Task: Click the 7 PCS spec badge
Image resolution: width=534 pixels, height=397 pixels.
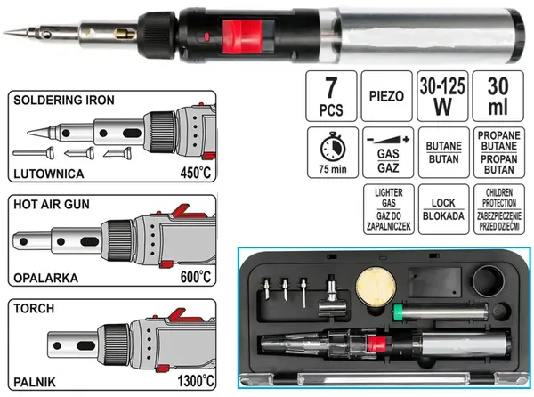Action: pyautogui.click(x=331, y=96)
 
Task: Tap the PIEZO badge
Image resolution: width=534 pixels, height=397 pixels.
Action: pyautogui.click(x=386, y=96)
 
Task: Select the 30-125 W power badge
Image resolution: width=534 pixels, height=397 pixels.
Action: pyautogui.click(x=442, y=96)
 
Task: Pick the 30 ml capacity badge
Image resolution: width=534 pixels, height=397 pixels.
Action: pyautogui.click(x=498, y=96)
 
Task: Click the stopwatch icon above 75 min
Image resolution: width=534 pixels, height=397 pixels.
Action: pyautogui.click(x=333, y=147)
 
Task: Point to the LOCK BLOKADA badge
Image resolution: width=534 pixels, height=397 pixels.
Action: pyautogui.click(x=443, y=209)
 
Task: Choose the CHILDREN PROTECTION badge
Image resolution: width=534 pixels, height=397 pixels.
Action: pyautogui.click(x=499, y=209)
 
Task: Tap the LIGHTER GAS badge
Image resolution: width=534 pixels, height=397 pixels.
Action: pyautogui.click(x=389, y=209)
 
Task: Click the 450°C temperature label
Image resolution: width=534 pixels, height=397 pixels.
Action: pyautogui.click(x=196, y=173)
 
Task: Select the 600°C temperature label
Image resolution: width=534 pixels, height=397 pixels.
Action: pyautogui.click(x=196, y=277)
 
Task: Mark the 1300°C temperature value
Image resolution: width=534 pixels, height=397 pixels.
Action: pyautogui.click(x=196, y=381)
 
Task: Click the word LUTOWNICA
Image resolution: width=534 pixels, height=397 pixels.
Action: pyautogui.click(x=49, y=174)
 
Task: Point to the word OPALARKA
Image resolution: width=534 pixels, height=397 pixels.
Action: pyautogui.click(x=46, y=279)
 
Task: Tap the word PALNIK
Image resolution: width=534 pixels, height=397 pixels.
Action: pyautogui.click(x=35, y=383)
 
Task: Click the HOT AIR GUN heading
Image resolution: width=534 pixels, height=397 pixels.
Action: pyautogui.click(x=52, y=205)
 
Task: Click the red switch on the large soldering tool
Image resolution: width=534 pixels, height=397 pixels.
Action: pyautogui.click(x=242, y=36)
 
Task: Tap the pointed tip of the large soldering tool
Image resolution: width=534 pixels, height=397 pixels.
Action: pyautogui.click(x=4, y=33)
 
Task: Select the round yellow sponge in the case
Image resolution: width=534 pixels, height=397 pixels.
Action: pyautogui.click(x=376, y=288)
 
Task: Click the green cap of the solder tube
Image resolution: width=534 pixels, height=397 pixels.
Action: pyautogui.click(x=397, y=312)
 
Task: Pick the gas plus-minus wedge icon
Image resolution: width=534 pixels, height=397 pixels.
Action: pyautogui.click(x=388, y=139)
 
